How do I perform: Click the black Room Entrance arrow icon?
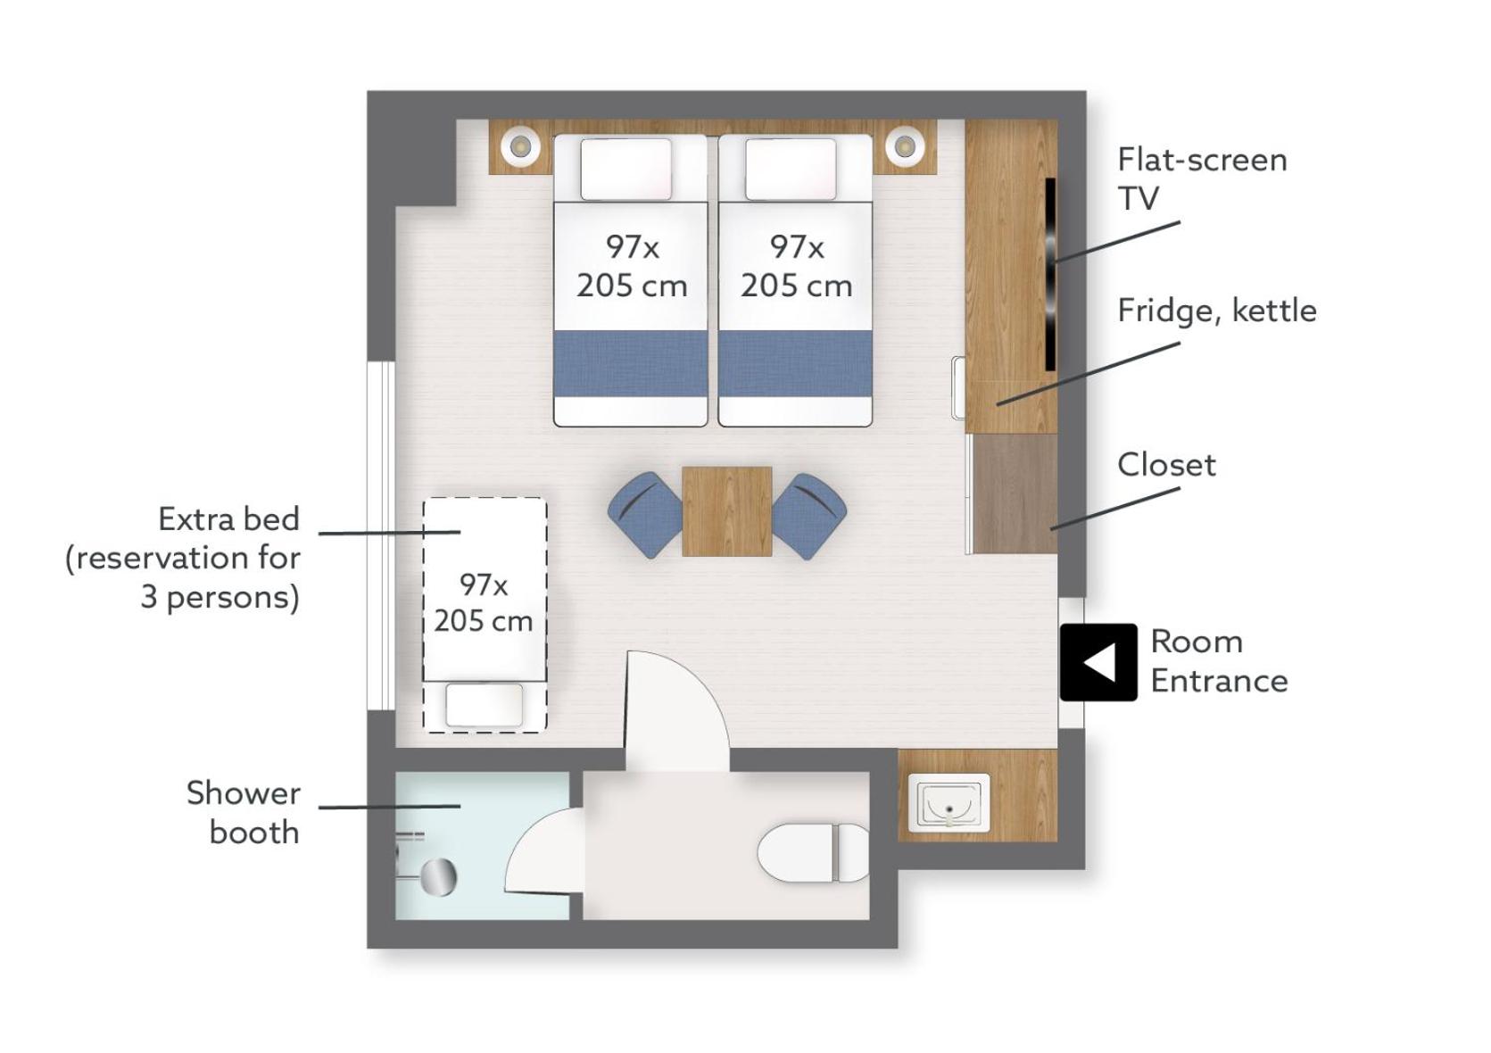[1098, 662]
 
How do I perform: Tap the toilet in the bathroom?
[814, 853]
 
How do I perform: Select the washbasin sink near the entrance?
[949, 803]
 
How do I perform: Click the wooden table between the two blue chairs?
[727, 511]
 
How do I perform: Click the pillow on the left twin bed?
[625, 169]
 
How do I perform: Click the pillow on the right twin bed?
[791, 169]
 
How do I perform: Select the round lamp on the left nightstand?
[520, 145]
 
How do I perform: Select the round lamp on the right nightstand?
[905, 145]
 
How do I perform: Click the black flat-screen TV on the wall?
[1050, 274]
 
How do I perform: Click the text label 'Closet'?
[1167, 465]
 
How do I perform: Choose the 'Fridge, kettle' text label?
[1217, 311]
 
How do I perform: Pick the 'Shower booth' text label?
[244, 813]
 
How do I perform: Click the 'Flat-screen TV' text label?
[1202, 178]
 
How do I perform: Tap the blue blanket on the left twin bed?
[630, 363]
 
